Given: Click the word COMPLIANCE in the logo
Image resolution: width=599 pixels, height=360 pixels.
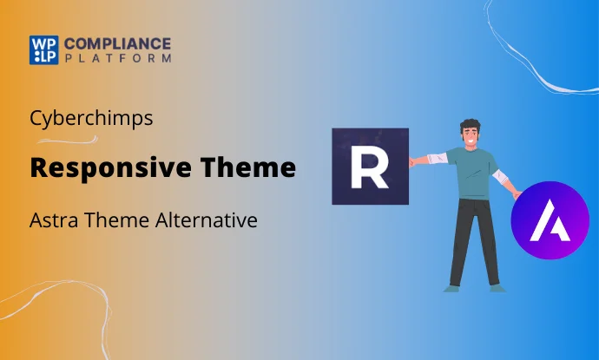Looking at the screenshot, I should [x=118, y=43].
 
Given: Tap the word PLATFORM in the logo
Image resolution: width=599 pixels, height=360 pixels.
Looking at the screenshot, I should [x=118, y=58].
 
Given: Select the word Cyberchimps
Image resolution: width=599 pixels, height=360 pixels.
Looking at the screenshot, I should [x=91, y=118].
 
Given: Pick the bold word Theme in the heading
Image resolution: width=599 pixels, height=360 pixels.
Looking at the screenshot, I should [x=251, y=167].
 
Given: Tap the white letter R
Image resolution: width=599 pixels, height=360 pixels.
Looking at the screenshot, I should [x=369, y=167].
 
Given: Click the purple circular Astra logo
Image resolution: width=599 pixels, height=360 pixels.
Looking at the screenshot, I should [x=550, y=221].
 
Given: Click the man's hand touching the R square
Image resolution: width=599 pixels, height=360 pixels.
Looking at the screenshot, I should [x=412, y=160].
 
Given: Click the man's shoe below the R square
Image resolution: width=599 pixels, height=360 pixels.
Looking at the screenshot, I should [x=451, y=287].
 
